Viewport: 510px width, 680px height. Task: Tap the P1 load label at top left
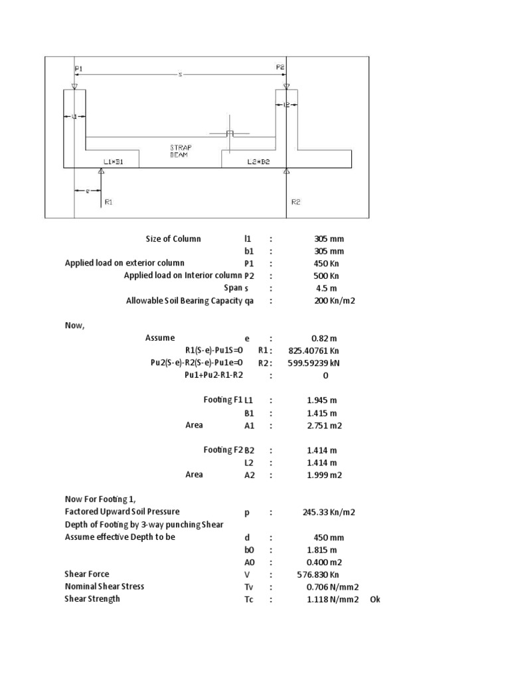[79, 67]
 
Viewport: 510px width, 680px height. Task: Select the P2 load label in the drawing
[280, 67]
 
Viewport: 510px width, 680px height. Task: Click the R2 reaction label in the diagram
[296, 202]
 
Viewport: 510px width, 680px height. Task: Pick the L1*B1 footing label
[113, 161]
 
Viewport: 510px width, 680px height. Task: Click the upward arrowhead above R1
[101, 171]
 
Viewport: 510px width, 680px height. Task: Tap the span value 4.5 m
[326, 288]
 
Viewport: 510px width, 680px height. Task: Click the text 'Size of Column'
[173, 239]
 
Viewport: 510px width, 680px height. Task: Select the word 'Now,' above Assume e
[74, 325]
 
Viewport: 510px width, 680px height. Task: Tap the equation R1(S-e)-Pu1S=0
[214, 350]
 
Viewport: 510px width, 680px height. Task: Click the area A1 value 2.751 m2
[325, 426]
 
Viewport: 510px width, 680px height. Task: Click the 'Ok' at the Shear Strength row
[375, 600]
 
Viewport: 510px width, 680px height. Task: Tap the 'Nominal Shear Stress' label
[104, 586]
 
